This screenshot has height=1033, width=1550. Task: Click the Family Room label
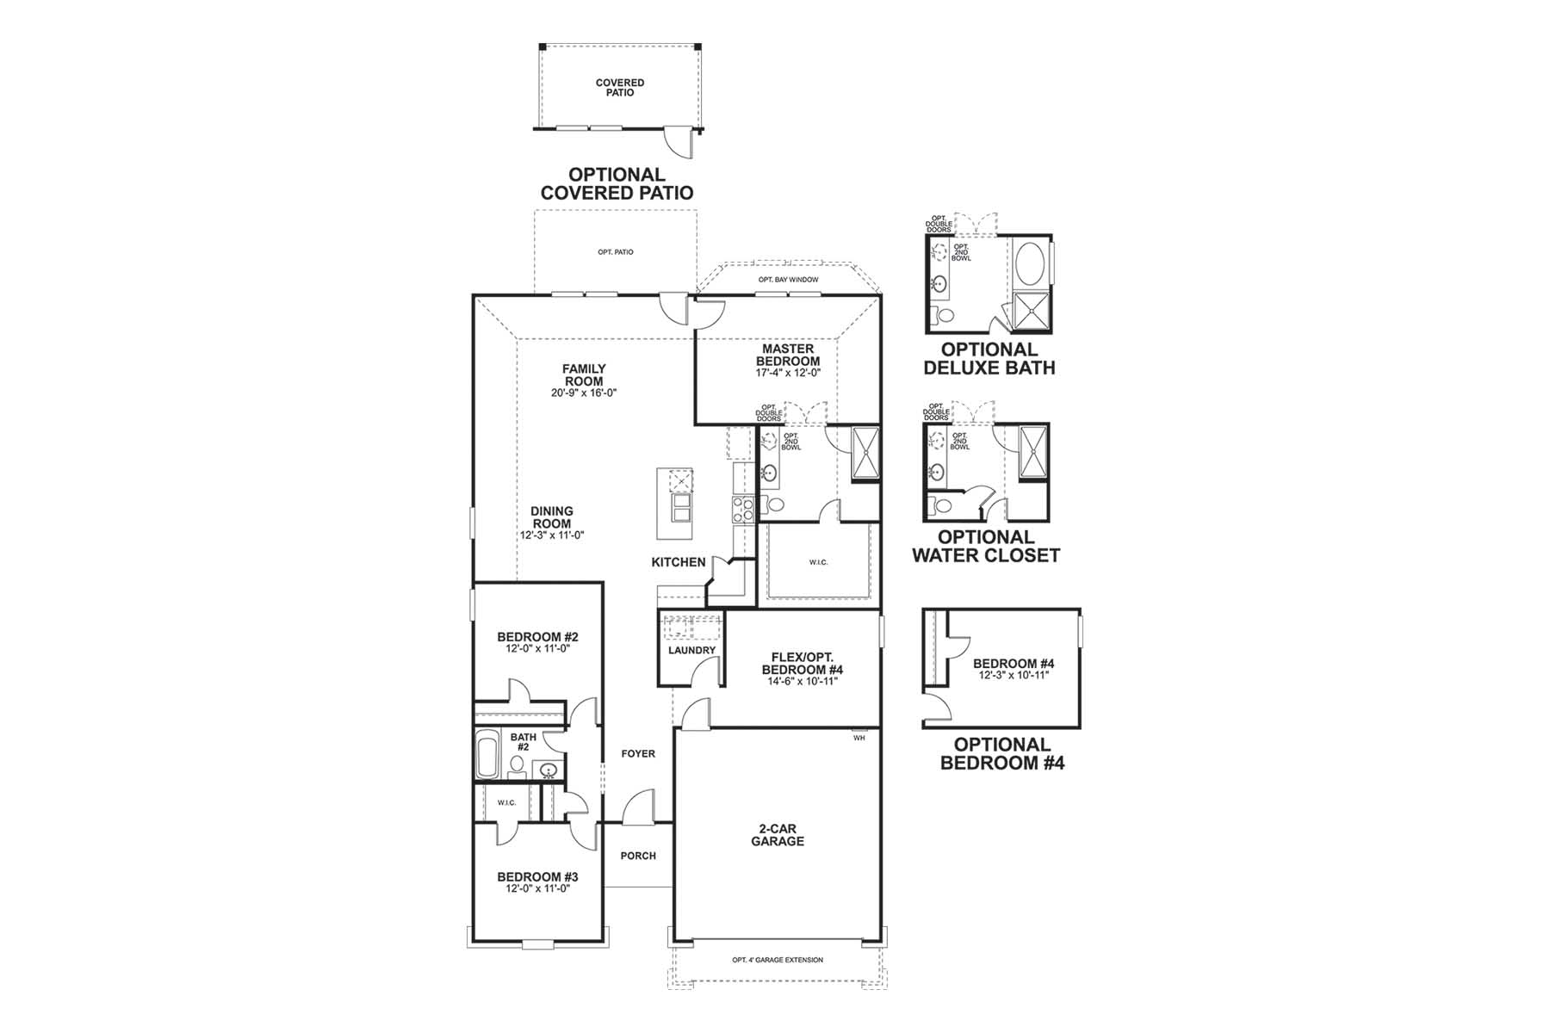tap(585, 375)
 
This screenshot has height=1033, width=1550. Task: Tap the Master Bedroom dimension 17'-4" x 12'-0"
tap(788, 374)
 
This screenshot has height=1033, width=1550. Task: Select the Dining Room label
tap(552, 517)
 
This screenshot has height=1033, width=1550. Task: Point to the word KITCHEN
tap(679, 562)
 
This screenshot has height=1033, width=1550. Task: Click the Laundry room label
tap(692, 650)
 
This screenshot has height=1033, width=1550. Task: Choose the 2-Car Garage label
tap(778, 835)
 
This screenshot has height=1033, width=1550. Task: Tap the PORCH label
tap(638, 856)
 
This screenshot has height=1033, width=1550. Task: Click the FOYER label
tap(639, 753)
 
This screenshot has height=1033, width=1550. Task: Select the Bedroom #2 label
tap(538, 637)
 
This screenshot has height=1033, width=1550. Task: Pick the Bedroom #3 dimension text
tap(538, 888)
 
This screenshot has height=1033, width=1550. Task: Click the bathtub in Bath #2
tap(488, 755)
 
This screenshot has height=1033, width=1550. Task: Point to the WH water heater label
tap(859, 738)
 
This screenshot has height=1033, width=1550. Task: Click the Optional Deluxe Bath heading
tap(989, 359)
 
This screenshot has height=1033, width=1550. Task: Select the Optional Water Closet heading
tap(986, 547)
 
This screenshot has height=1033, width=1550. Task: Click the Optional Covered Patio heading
tap(617, 184)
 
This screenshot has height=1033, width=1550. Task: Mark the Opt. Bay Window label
tap(788, 280)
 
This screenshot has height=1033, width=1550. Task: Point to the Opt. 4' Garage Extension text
tap(778, 960)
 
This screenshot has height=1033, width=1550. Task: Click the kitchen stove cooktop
tap(743, 509)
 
